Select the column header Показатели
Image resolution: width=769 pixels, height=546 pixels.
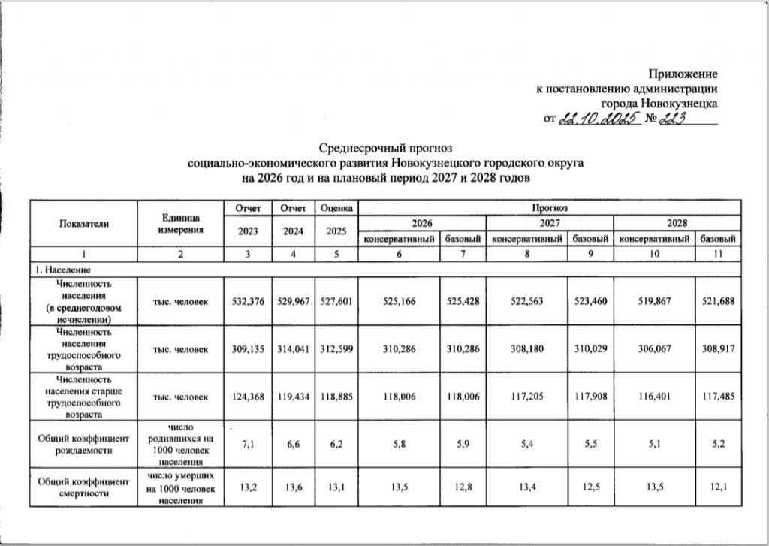pos(83,223)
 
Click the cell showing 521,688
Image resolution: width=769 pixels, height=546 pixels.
pos(716,301)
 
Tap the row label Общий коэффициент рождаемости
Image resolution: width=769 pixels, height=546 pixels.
pos(83,445)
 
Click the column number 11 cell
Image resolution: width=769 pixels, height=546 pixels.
pos(716,255)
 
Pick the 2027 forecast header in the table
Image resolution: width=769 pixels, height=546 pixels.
pos(550,223)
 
